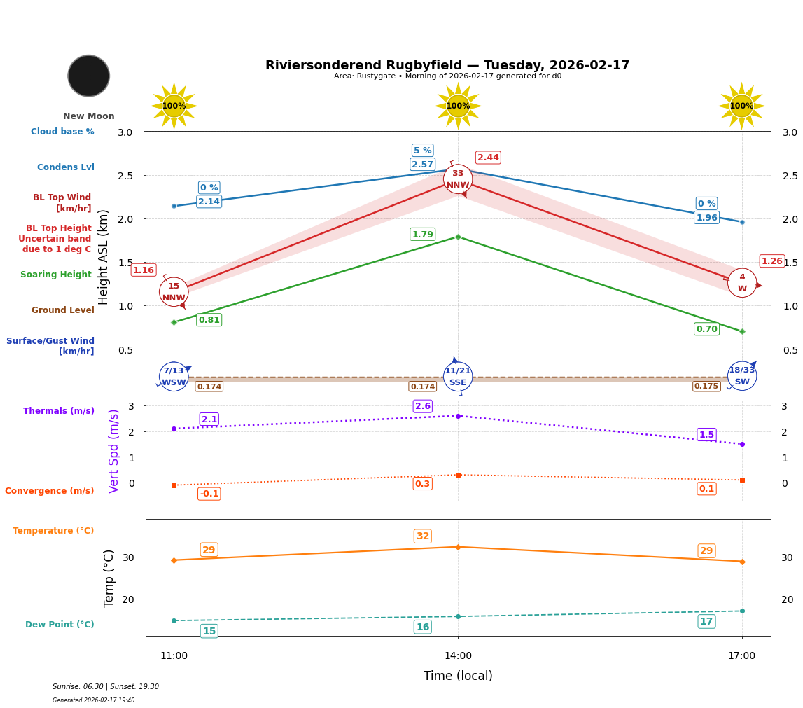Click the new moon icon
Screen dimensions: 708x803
pos(89,76)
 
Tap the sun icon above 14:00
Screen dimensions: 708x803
pos(458,106)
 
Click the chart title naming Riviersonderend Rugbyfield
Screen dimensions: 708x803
pos(447,65)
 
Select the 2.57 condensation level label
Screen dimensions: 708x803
pos(422,165)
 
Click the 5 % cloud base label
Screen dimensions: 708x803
pos(422,151)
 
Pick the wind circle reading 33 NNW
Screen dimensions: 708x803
pos(458,179)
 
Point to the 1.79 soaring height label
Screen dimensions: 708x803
pos(422,235)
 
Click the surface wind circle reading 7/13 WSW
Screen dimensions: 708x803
pos(174,376)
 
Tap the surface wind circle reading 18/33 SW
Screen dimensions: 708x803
pos(741,376)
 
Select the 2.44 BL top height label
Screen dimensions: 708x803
pos(488,158)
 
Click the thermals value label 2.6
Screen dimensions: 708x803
pos(423,406)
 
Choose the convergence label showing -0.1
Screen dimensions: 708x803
pos(209,494)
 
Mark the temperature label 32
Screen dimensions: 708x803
pos(423,536)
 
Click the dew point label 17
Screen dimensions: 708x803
pos(706,622)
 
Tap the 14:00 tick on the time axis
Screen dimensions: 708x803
pos(458,656)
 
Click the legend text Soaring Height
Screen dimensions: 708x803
pos(56,275)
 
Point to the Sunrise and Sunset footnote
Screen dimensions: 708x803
pos(106,687)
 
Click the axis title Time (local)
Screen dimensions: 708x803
pos(458,676)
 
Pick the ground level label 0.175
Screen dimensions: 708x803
pos(706,387)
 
